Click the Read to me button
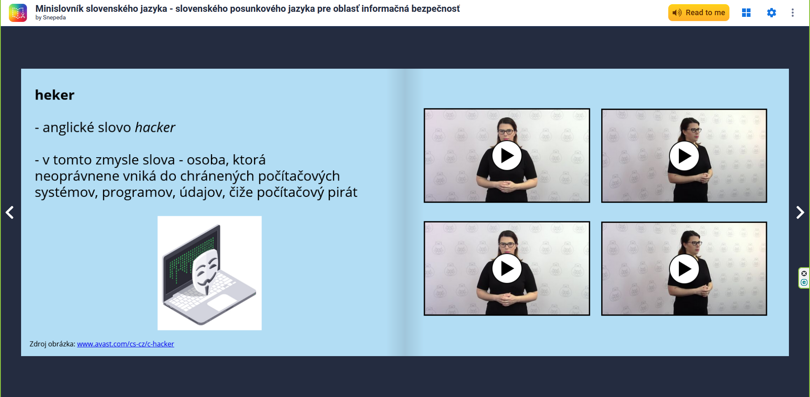tap(699, 13)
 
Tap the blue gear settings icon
tap(771, 13)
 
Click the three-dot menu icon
tap(793, 13)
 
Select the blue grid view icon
tap(746, 13)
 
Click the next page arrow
tap(800, 212)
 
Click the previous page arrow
tap(10, 212)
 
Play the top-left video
tap(507, 156)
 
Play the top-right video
tap(684, 156)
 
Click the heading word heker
tap(54, 95)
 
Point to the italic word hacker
tap(155, 127)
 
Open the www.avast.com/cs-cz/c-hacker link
tap(125, 344)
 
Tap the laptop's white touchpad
tap(222, 302)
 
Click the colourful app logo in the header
tap(18, 13)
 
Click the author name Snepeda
tap(54, 18)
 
